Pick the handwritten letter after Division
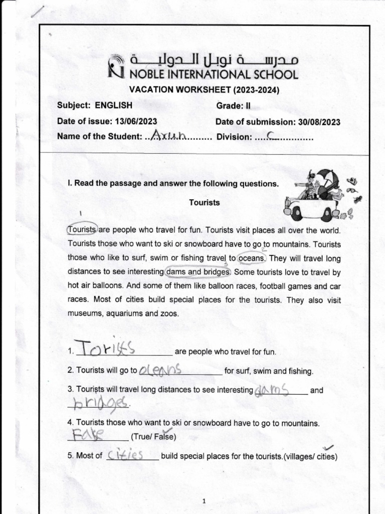pos(271,135)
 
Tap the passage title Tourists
pos(204,202)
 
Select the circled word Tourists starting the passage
pos(82,229)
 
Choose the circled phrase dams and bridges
pos(198,272)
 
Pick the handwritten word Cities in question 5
pos(126,455)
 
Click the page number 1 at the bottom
pos(204,501)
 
